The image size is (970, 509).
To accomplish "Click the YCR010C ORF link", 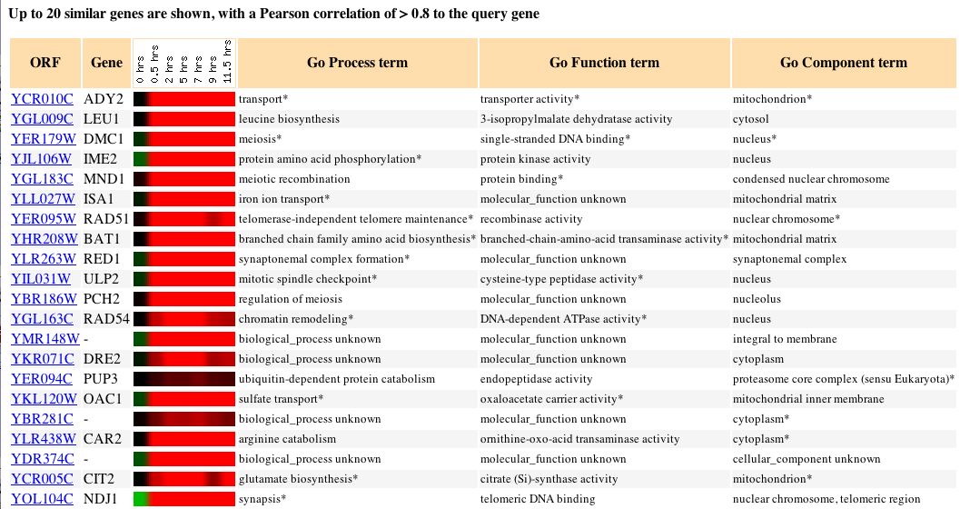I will click(43, 98).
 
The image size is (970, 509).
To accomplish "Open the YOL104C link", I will click(43, 498).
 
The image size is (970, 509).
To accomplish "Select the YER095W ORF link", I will click(44, 218).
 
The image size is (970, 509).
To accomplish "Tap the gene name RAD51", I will click(104, 218).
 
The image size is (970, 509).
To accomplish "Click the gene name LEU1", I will click(102, 118).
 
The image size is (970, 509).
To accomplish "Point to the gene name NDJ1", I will click(102, 498).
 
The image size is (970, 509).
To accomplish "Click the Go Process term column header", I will click(357, 63).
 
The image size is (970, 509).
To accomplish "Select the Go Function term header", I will click(604, 63).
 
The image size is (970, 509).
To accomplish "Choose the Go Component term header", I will click(843, 63).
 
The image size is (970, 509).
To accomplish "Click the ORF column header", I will click(45, 63).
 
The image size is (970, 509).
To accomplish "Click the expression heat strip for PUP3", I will click(184, 378).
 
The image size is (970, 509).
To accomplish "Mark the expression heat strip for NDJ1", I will click(184, 498).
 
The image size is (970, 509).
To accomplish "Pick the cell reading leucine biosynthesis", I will click(289, 118).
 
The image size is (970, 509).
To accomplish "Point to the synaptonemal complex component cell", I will click(789, 258).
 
